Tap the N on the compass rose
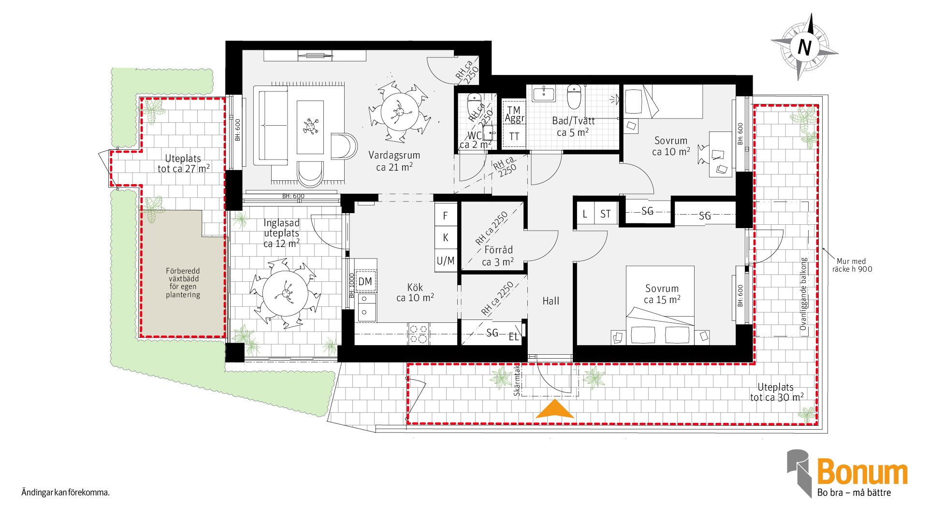pos(804,47)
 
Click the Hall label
pos(551,301)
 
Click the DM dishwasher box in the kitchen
pos(365,282)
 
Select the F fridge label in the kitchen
pos(446,216)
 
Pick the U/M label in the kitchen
pos(446,261)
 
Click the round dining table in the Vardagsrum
pos(399,111)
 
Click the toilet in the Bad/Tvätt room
pos(574,97)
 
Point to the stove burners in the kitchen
pos(419,334)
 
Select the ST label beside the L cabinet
pos(606,214)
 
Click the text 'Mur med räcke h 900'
pos(852,265)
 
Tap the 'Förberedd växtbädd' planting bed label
pos(183,283)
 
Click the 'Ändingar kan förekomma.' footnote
pos(66,493)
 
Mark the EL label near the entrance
pos(513,337)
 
